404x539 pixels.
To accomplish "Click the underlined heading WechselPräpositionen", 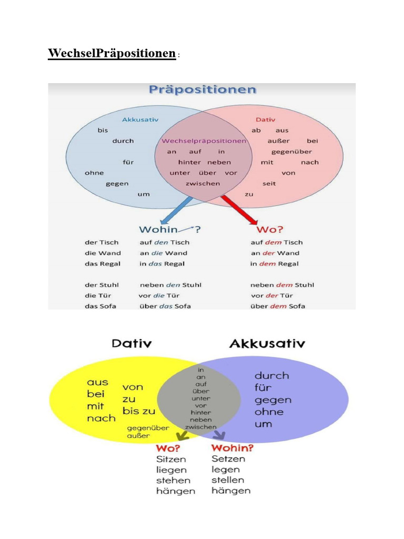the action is pyautogui.click(x=112, y=53).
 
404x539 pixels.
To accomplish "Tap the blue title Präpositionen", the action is pyautogui.click(x=203, y=89).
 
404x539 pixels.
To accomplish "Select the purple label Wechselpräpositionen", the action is pyautogui.click(x=204, y=141).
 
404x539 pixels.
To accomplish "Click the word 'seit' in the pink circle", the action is pyautogui.click(x=269, y=183).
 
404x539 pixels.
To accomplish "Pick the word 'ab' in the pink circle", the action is pyautogui.click(x=256, y=131).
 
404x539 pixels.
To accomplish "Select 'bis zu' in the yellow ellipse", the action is pyautogui.click(x=138, y=411).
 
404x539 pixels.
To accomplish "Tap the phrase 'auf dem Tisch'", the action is pyautogui.click(x=276, y=242).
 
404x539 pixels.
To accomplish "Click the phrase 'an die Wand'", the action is pyautogui.click(x=163, y=253).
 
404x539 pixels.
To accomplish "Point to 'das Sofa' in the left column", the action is pyautogui.click(x=100, y=306).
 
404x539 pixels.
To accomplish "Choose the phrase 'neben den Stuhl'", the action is pyautogui.click(x=170, y=285).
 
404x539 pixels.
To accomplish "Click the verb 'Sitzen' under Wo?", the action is pyautogui.click(x=171, y=459).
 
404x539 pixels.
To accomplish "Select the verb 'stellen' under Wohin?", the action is pyautogui.click(x=228, y=480).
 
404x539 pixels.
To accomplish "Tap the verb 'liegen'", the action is pyautogui.click(x=170, y=470).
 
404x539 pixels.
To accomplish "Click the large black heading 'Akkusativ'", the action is pyautogui.click(x=267, y=344).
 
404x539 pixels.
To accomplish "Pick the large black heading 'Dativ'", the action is pyautogui.click(x=132, y=344).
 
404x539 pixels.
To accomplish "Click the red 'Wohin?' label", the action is pyautogui.click(x=232, y=448).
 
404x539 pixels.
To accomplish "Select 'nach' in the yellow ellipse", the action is pyautogui.click(x=101, y=418).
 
